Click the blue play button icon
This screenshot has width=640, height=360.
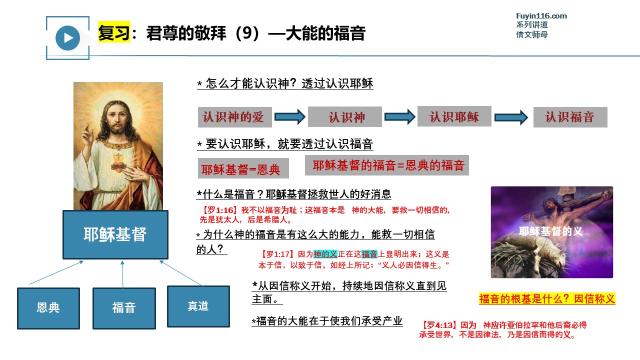67,38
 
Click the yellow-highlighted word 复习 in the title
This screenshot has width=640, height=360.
114,32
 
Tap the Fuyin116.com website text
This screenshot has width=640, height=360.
541,16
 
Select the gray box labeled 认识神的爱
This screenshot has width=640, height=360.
234,117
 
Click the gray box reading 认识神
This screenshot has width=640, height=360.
345,117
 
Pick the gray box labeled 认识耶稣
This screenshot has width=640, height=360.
454,116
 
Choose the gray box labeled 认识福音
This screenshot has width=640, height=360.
570,117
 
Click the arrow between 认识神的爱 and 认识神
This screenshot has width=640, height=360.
290,117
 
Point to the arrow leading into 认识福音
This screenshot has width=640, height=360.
511,117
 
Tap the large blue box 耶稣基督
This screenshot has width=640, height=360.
115,235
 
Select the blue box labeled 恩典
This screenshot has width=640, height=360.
48,308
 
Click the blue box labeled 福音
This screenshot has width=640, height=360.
124,308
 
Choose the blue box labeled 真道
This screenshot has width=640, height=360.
198,306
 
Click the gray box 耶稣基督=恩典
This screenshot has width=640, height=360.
243,168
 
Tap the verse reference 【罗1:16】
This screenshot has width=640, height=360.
219,210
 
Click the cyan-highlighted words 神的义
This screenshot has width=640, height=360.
325,254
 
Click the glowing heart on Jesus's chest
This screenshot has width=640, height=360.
118,167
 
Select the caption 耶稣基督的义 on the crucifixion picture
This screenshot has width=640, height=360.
550,231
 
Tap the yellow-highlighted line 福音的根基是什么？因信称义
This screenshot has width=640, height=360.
547,299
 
